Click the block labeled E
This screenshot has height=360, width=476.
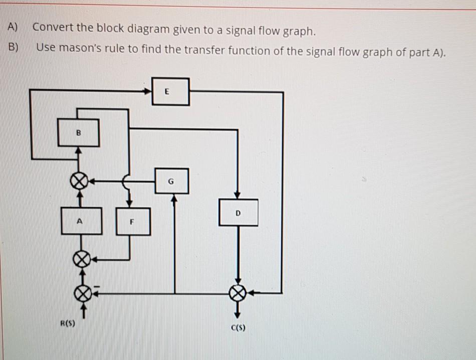click(170, 92)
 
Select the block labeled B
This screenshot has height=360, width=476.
click(78, 132)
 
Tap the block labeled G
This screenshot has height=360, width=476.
click(171, 181)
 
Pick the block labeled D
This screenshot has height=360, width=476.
click(239, 213)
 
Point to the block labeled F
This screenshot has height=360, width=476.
click(133, 221)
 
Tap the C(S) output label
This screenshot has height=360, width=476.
click(237, 328)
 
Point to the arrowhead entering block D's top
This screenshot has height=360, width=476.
click(238, 196)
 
